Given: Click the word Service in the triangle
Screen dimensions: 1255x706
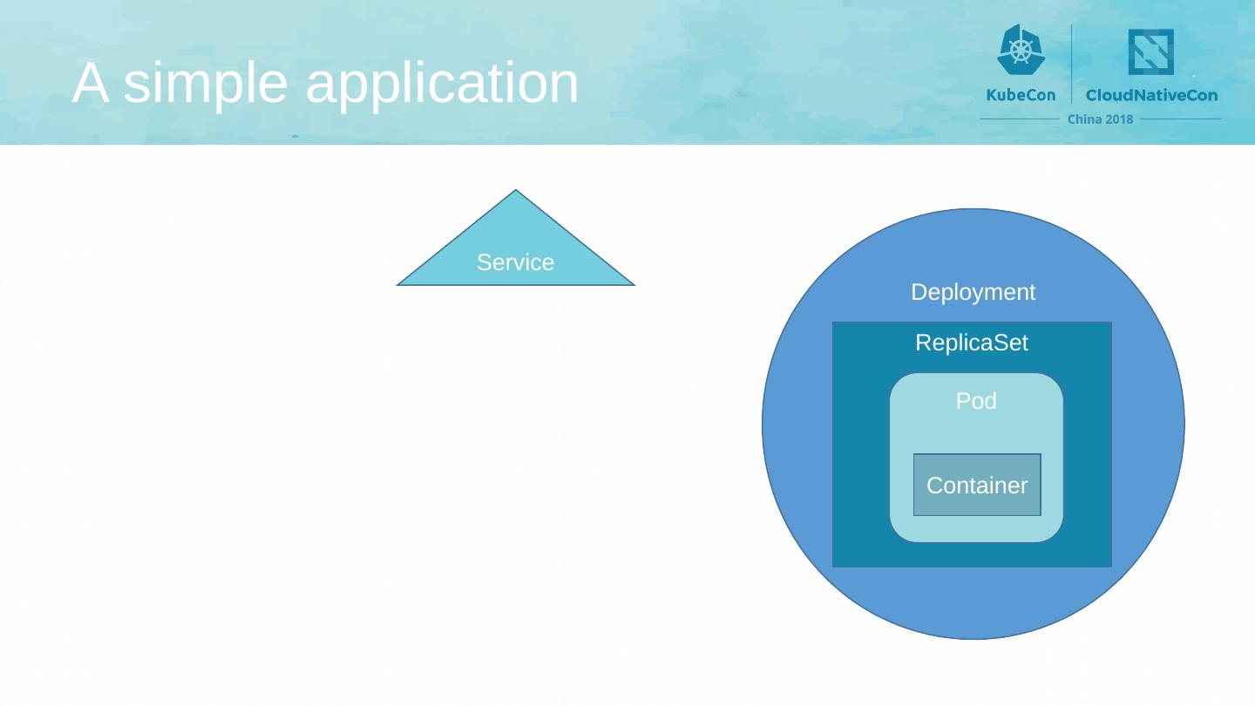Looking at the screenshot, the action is click(515, 262).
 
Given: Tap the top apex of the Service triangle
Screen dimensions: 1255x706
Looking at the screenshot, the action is click(516, 190).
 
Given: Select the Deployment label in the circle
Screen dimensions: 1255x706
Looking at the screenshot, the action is click(973, 293).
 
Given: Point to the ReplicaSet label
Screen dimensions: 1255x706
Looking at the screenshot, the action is click(972, 343).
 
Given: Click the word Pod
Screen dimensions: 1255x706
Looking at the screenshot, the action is click(976, 401).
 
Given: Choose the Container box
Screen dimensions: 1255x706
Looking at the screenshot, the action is click(977, 485).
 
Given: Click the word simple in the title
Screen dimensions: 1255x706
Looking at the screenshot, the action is click(205, 84).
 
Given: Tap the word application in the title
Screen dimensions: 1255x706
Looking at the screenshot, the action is click(442, 84).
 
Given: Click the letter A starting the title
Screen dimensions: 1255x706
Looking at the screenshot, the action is click(91, 82).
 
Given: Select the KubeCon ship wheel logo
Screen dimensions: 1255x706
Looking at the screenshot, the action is click(1021, 50).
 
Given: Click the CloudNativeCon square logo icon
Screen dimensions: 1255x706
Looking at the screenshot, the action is click(1150, 51).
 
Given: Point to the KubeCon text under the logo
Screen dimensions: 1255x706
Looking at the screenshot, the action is click(1021, 95).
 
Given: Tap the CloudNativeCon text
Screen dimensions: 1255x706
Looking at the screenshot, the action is click(1152, 95).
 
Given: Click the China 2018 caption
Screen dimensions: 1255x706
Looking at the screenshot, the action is click(1100, 119).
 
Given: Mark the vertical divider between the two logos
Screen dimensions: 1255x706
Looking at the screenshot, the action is click(1071, 64).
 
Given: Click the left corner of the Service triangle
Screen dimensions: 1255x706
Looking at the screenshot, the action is click(397, 285).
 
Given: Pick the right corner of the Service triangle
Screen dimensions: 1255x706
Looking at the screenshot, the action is click(634, 285).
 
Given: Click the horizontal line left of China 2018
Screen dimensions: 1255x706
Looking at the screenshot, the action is click(1020, 119).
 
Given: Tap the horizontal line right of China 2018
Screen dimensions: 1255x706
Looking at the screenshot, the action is click(1180, 119).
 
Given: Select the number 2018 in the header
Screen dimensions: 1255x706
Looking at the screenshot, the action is click(1116, 119).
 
